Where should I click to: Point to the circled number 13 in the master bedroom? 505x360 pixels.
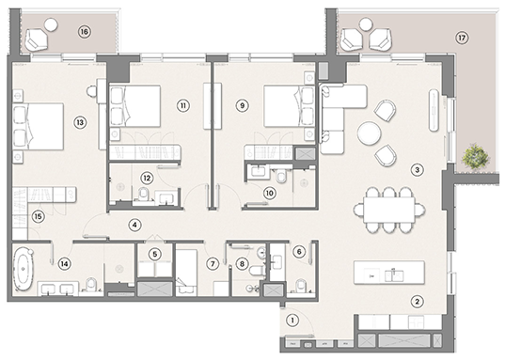click(x=80, y=121)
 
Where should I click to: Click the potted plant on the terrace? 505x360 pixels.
click(x=477, y=155)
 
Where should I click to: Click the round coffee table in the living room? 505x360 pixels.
click(x=367, y=134)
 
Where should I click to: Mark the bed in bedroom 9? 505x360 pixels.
click(x=285, y=105)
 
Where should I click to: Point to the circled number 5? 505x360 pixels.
click(x=156, y=253)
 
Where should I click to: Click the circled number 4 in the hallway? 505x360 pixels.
click(x=135, y=225)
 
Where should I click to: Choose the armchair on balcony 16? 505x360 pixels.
click(x=39, y=38)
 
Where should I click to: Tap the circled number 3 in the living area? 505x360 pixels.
click(x=418, y=170)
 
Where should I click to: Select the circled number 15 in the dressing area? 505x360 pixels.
click(x=38, y=217)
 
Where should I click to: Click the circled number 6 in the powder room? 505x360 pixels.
click(x=299, y=251)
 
